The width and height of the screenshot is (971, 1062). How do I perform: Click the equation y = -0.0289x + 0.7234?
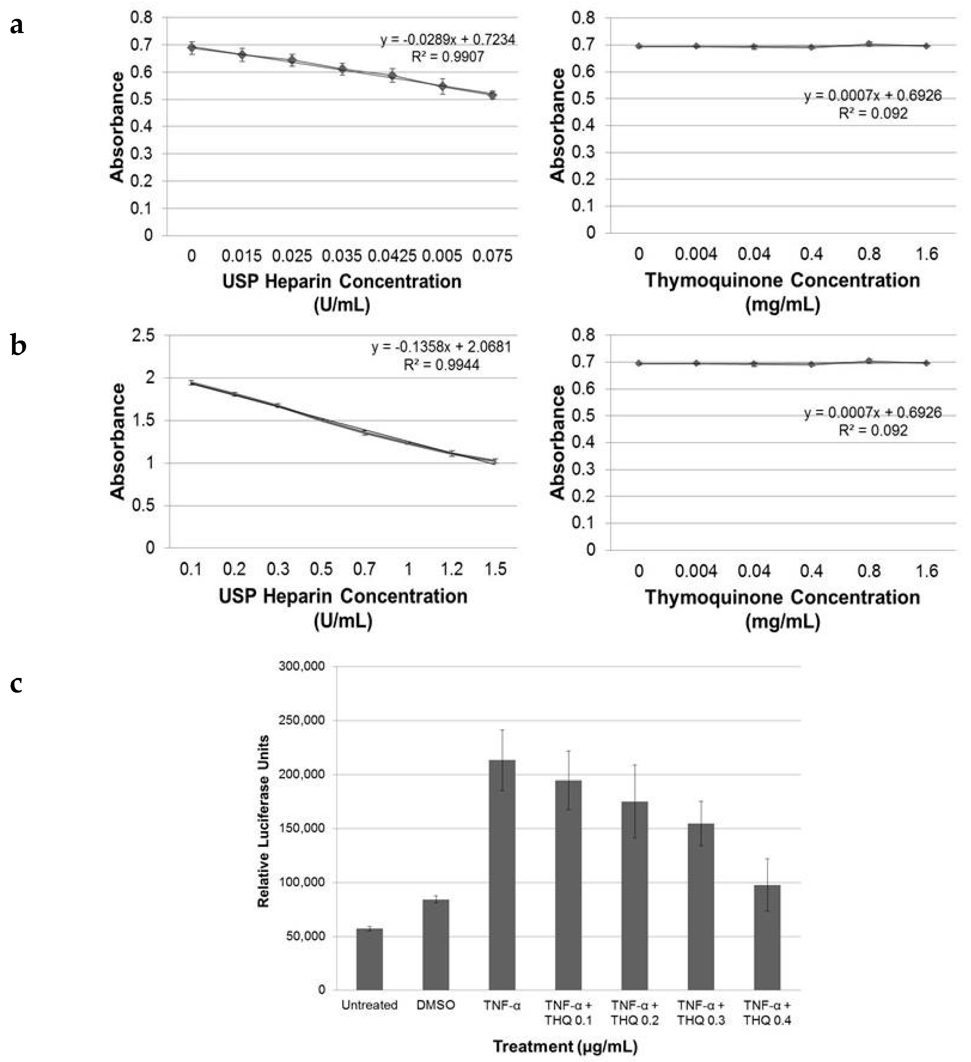(448, 39)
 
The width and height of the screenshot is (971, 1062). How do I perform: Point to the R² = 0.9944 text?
(441, 365)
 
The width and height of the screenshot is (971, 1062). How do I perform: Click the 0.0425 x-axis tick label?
(392, 256)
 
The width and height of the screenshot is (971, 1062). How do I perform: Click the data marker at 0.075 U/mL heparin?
(492, 95)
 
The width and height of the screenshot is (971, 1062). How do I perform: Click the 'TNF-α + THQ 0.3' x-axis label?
(701, 1012)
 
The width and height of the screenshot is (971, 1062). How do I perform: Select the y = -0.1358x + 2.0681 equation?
(441, 347)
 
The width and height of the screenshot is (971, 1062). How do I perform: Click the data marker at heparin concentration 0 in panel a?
(192, 48)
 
